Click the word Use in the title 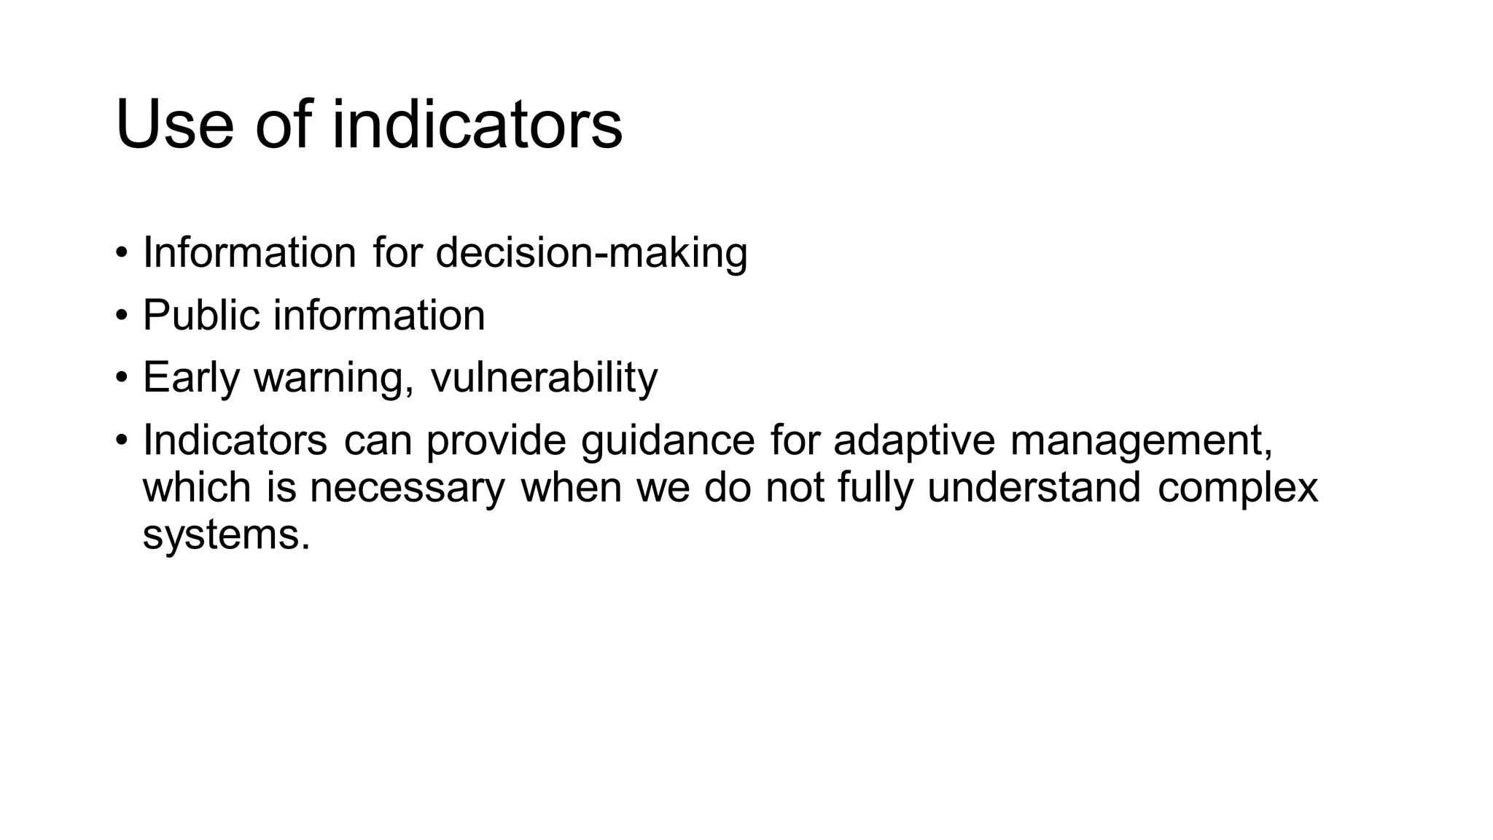click(x=174, y=125)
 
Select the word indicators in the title click(x=477, y=125)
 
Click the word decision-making click(x=591, y=254)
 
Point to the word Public click(x=201, y=315)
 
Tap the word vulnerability click(x=544, y=378)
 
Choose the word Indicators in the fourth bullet click(x=235, y=440)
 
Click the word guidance click(x=668, y=442)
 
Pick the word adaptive click(x=914, y=442)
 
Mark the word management click(x=1142, y=442)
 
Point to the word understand click(x=1034, y=487)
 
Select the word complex click(x=1238, y=489)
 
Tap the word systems click(x=226, y=535)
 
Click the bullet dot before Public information click(x=121, y=316)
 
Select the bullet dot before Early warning click(x=121, y=378)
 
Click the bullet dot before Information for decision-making click(x=121, y=253)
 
